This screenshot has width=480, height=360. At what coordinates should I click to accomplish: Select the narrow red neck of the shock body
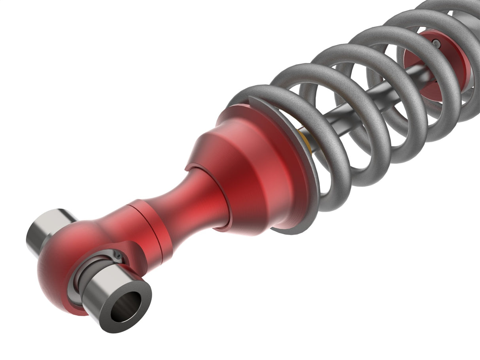pos(190,202)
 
